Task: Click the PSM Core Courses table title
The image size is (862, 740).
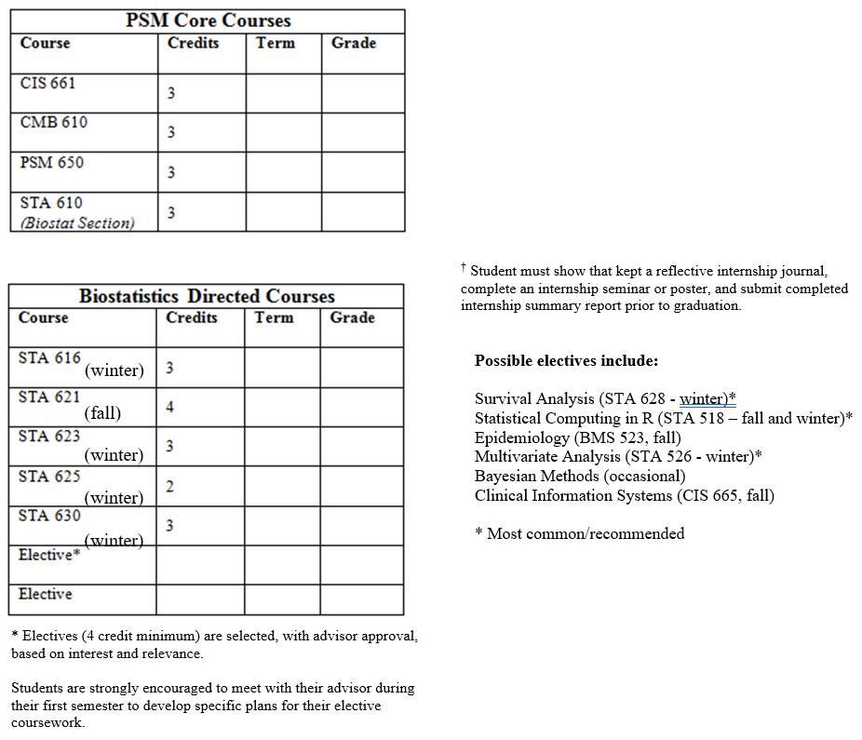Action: click(208, 20)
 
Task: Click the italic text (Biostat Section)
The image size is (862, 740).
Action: click(77, 222)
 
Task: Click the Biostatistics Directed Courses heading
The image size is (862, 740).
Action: click(207, 296)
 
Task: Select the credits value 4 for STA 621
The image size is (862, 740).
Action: click(169, 407)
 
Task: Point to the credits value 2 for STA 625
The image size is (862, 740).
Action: click(169, 486)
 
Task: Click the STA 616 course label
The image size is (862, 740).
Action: click(49, 357)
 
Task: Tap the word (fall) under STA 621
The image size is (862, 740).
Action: click(102, 412)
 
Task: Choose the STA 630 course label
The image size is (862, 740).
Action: click(49, 515)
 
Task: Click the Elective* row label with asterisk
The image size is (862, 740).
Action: click(49, 555)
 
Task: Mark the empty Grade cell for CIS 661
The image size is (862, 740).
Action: click(363, 93)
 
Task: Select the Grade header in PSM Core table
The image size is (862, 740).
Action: click(354, 43)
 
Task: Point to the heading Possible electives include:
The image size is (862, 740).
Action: click(566, 360)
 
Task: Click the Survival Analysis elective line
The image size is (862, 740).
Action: click(605, 398)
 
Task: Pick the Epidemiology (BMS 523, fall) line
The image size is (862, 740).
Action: click(577, 437)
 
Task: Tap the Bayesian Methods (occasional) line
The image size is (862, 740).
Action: click(579, 476)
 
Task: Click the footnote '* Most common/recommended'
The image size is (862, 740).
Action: click(579, 533)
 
